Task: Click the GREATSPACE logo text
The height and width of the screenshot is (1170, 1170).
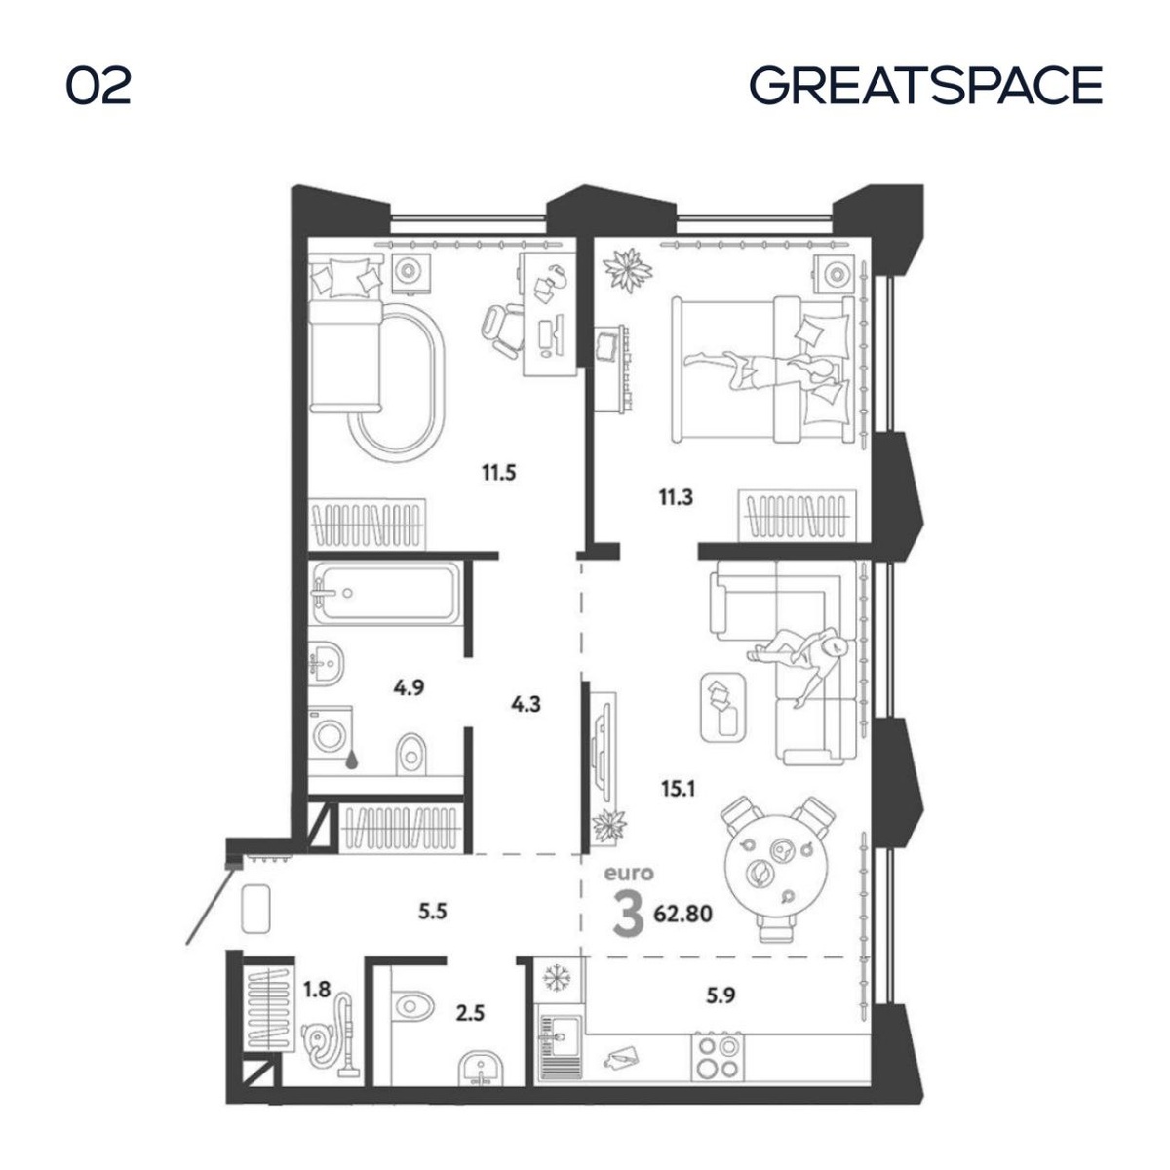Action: click(925, 85)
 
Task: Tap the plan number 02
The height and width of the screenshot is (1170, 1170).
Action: click(98, 86)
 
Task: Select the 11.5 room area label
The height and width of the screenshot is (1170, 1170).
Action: click(499, 472)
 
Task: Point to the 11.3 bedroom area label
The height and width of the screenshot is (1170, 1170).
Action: click(676, 497)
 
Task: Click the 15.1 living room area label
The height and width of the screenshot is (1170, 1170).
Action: click(679, 789)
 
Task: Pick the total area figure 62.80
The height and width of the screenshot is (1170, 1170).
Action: click(683, 913)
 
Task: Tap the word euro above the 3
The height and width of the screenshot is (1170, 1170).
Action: click(629, 874)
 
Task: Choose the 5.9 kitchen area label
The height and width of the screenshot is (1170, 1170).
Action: click(721, 995)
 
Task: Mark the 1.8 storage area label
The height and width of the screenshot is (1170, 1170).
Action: click(317, 989)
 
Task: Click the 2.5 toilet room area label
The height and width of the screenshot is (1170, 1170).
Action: click(471, 1013)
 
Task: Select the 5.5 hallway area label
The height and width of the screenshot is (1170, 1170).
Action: click(433, 911)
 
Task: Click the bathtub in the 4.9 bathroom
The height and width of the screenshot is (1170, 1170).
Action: click(385, 592)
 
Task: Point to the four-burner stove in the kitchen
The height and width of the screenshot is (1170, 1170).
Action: click(717, 1058)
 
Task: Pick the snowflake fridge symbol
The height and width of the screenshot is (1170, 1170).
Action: click(554, 979)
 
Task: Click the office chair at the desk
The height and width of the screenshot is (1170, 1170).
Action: click(502, 331)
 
